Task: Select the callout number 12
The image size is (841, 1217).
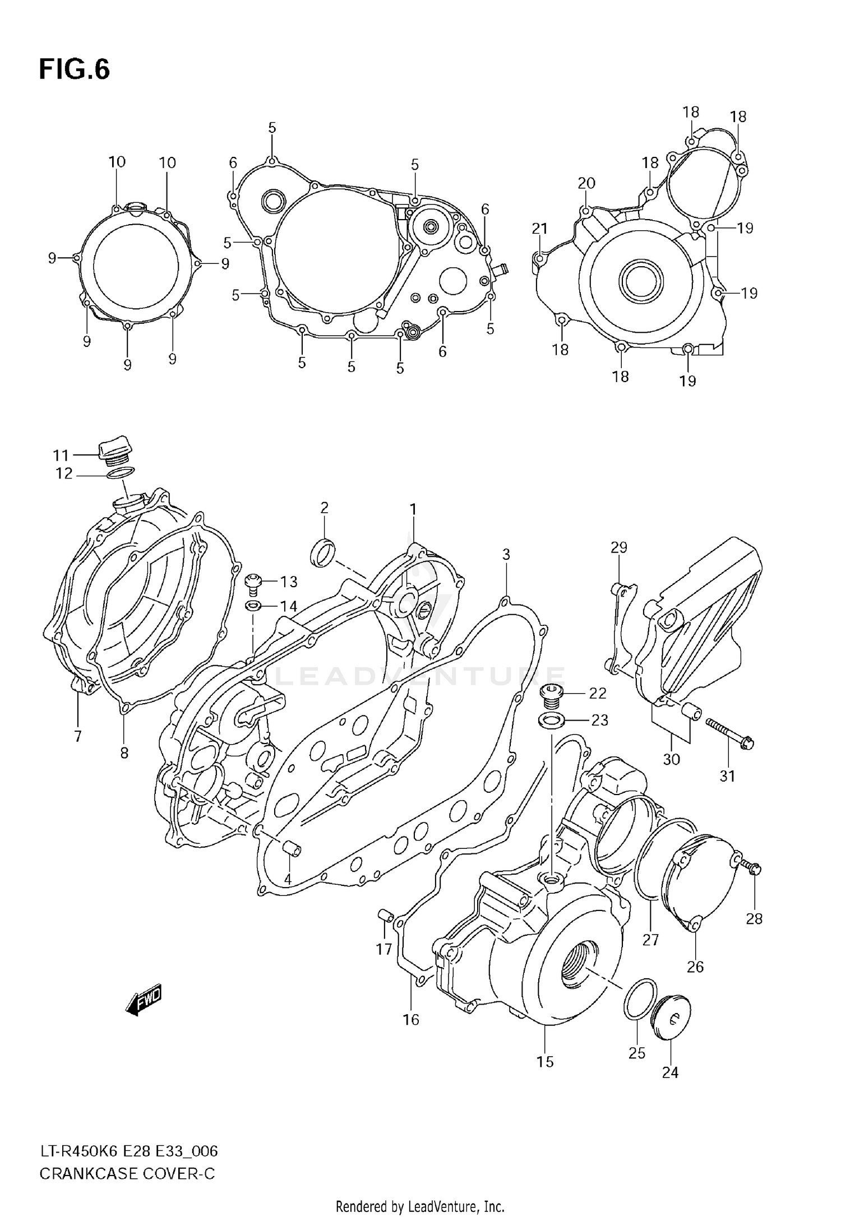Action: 64,474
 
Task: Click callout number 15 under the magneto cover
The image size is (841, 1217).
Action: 545,1061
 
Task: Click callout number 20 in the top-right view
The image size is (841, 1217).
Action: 586,183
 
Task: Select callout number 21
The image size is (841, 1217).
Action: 539,229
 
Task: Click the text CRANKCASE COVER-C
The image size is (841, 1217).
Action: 127,1173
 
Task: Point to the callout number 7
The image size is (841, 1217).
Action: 77,736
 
